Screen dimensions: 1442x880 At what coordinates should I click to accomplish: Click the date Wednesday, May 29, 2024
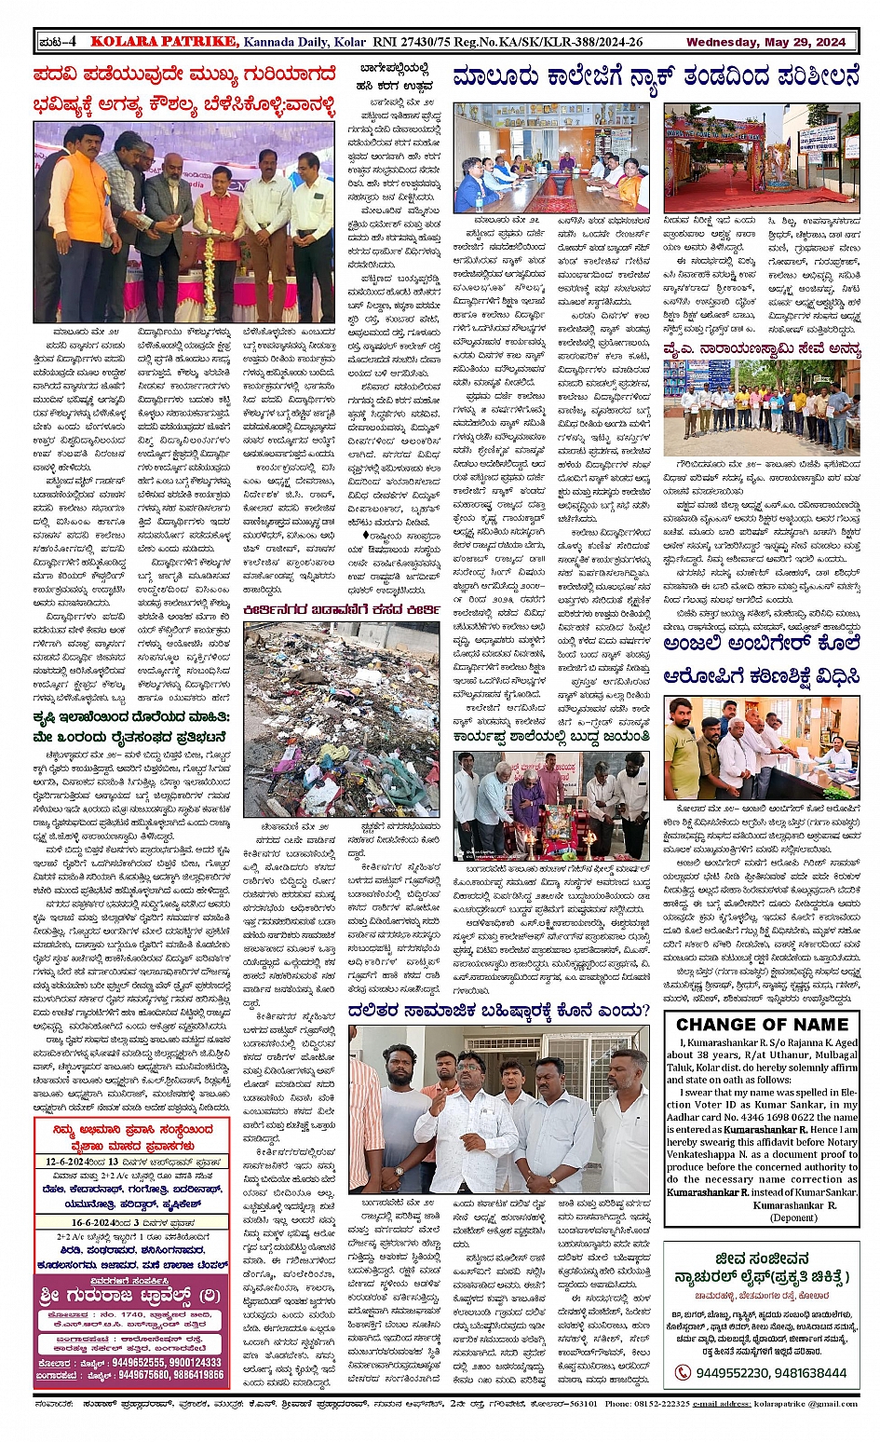765,42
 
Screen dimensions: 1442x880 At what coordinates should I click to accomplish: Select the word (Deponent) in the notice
794,1217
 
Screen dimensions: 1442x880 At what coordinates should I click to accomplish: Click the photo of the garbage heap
342,719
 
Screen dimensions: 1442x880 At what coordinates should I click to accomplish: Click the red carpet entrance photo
761,159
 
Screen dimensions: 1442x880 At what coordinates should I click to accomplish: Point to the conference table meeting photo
551,158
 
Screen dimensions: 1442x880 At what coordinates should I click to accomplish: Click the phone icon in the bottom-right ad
683,1372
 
